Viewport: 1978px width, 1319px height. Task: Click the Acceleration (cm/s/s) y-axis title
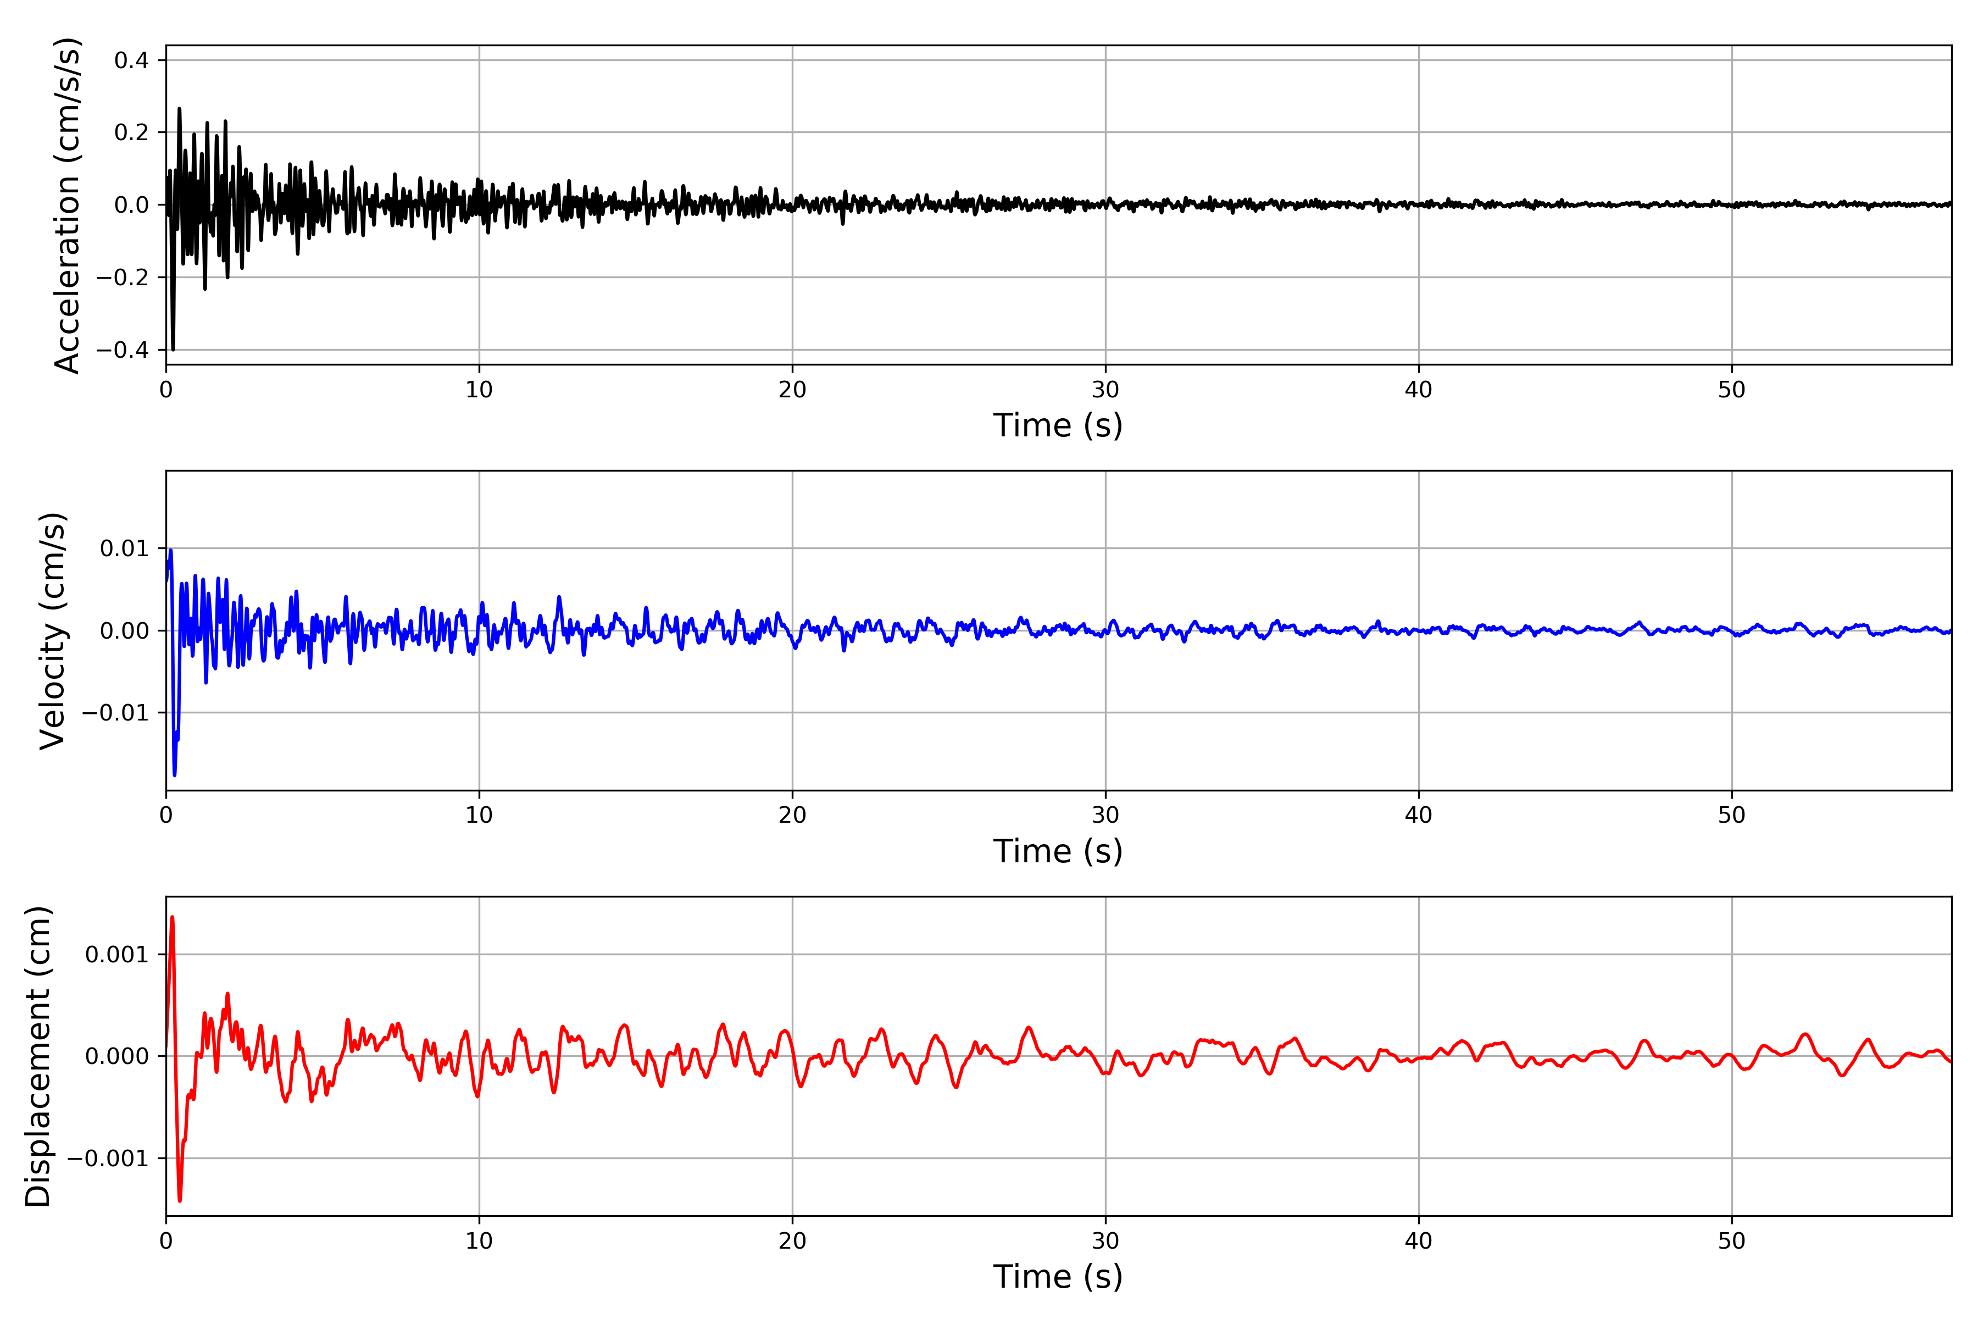[67, 205]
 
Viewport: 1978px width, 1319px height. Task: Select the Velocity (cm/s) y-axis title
[53, 631]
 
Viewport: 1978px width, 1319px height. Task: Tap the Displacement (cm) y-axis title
[38, 1056]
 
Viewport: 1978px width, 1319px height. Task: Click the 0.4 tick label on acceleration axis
[131, 60]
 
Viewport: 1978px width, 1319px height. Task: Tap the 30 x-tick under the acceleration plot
[1105, 390]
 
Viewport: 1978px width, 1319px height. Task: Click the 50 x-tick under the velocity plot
[1732, 815]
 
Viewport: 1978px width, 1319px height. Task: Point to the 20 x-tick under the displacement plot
[792, 1241]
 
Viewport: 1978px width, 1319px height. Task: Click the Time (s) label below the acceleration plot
[1058, 425]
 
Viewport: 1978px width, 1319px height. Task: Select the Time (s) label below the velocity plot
[1058, 851]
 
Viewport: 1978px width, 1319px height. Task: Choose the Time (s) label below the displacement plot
[1058, 1277]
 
